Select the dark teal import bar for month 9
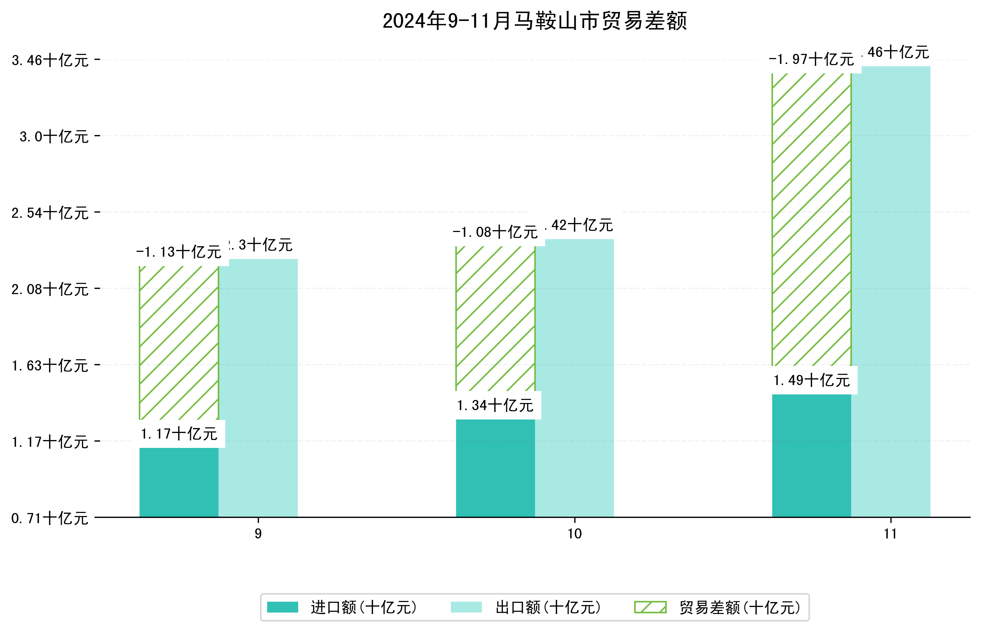[x=179, y=482]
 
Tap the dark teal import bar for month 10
[x=495, y=468]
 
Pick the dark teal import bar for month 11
[x=811, y=455]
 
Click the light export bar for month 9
[x=258, y=388]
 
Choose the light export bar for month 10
[x=574, y=378]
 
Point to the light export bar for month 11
[x=891, y=291]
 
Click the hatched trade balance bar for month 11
[x=811, y=220]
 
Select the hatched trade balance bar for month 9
[x=179, y=343]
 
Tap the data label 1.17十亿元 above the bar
[x=179, y=434]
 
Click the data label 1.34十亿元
[x=495, y=406]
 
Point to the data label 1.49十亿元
[x=811, y=381]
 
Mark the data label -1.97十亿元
[x=811, y=59]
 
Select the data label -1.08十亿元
[x=495, y=232]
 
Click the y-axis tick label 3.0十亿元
[x=54, y=137]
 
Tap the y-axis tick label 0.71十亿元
[x=50, y=518]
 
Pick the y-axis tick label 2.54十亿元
[x=50, y=213]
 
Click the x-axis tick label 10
[x=574, y=534]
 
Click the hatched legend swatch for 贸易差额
[x=650, y=607]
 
